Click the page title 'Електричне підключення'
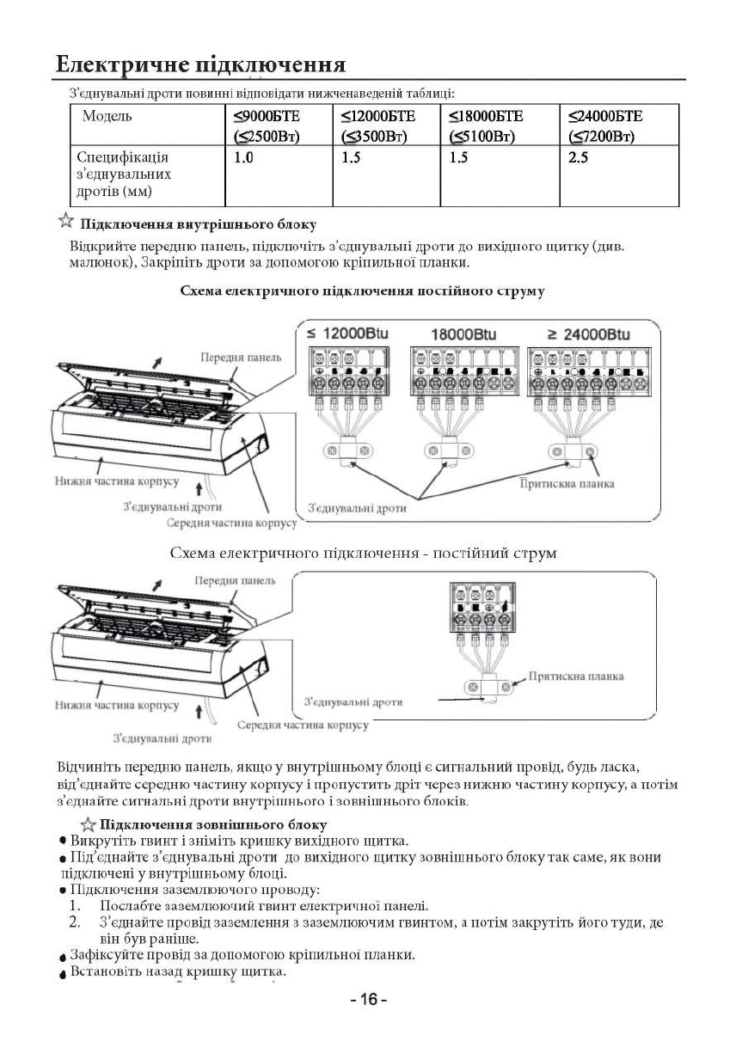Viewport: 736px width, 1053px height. (x=200, y=64)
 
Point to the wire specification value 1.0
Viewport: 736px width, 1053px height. (x=243, y=158)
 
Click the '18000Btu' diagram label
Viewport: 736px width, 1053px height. (x=463, y=334)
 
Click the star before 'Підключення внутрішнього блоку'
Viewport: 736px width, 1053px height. (x=65, y=223)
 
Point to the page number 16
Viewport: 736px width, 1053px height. (x=370, y=1000)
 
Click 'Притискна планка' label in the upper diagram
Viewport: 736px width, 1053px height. (x=567, y=484)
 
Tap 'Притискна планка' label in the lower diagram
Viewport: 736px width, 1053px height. (x=576, y=676)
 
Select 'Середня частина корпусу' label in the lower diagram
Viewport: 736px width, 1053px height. (x=303, y=725)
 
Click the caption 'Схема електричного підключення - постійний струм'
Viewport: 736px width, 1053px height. (x=365, y=554)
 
